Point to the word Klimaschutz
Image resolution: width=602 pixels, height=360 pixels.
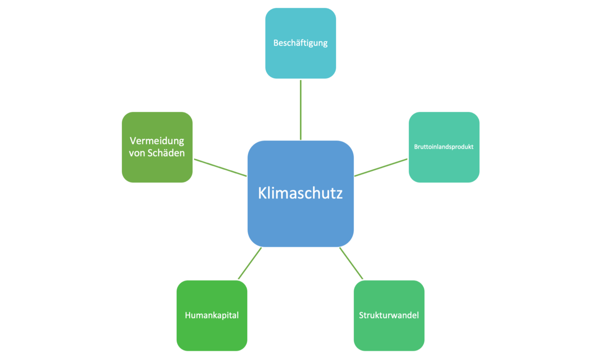[300, 194]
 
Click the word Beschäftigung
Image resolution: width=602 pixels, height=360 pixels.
[300, 43]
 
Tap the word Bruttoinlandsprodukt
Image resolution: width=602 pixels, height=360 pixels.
[444, 147]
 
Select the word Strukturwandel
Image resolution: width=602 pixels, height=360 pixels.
[389, 315]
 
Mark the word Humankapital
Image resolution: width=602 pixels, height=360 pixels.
[212, 315]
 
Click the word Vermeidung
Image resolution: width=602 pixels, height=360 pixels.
[157, 140]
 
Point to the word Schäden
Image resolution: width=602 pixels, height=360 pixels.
[168, 153]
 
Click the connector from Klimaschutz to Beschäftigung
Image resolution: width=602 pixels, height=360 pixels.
[300, 109]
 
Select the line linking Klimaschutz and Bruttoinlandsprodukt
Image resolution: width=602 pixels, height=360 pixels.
[381, 167]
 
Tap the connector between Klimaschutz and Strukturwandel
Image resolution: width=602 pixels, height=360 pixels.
[351, 263]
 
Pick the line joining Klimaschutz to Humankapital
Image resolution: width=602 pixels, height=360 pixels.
[249, 263]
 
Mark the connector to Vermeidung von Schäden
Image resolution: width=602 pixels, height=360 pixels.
[220, 167]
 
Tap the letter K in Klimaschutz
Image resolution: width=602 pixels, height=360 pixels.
[262, 194]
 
